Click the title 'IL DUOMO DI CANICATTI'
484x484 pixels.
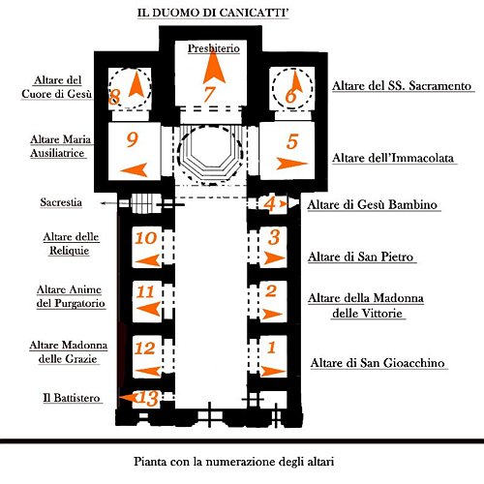213,13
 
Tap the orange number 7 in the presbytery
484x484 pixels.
209,94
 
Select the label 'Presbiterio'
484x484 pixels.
214,48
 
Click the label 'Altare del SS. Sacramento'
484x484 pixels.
402,86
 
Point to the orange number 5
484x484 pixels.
292,141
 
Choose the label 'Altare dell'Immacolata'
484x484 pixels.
393,158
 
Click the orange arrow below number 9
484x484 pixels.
135,169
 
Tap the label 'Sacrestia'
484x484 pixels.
61,202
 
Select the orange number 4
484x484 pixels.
269,204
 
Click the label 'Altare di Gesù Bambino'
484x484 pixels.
373,204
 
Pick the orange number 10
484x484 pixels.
146,238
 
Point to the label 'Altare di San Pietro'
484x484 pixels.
360,257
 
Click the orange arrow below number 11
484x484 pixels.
148,309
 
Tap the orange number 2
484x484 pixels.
271,290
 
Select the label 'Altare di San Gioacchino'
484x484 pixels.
378,363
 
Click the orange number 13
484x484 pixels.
148,398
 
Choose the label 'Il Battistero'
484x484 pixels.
72,398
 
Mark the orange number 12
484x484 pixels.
145,348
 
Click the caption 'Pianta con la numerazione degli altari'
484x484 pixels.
233,461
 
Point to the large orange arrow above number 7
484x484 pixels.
214,67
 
